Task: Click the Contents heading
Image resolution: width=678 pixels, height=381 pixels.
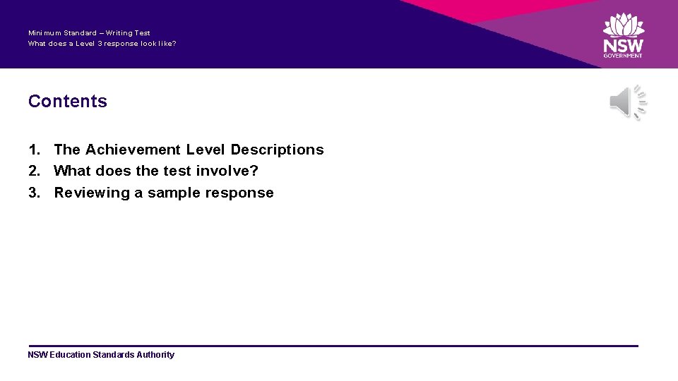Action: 68,101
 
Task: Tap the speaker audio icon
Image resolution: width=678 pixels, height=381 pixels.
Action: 627,103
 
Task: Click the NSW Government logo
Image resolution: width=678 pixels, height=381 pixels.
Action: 623,35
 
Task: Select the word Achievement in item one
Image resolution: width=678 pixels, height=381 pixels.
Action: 133,150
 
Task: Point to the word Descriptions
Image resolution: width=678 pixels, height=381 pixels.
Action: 277,150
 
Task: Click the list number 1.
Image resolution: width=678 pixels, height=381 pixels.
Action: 33,150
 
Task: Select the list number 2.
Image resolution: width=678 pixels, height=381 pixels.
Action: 33,171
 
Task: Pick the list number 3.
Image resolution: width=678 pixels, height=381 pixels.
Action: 33,193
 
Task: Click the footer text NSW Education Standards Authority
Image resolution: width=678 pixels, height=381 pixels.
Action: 101,355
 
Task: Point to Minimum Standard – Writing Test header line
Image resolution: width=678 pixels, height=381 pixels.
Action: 89,32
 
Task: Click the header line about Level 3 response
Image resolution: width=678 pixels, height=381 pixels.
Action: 102,44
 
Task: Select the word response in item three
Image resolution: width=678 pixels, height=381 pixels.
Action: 239,193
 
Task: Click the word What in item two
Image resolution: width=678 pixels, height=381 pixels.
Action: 73,171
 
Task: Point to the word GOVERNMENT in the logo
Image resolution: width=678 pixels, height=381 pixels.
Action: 623,56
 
